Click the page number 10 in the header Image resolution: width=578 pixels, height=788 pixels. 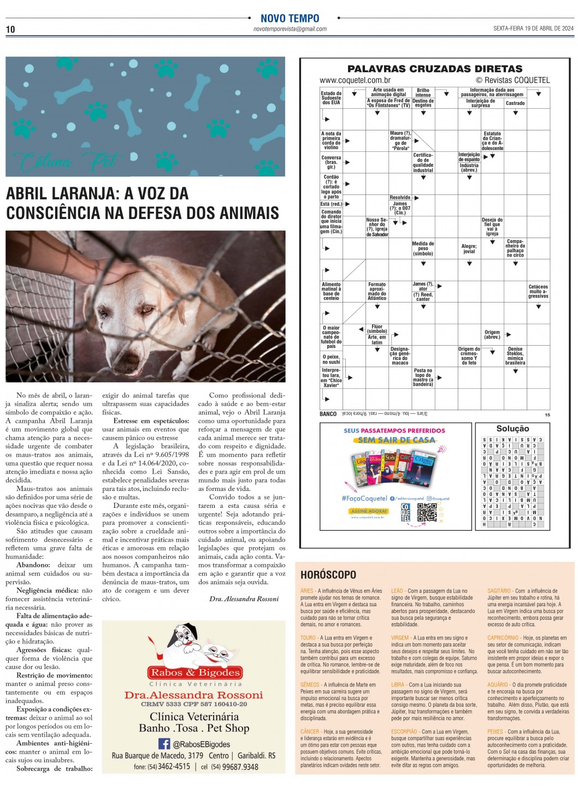[x=10, y=29]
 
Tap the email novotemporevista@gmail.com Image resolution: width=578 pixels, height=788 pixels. [x=290, y=29]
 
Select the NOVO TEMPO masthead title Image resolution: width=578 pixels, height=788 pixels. [x=290, y=18]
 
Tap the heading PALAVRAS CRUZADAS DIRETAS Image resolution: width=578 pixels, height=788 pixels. [x=435, y=69]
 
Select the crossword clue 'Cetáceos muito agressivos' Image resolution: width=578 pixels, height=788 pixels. [x=538, y=291]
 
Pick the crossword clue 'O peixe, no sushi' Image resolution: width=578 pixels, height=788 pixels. [x=331, y=359]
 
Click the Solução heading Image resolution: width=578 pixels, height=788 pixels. [x=512, y=429]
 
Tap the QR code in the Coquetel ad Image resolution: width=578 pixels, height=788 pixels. [x=427, y=512]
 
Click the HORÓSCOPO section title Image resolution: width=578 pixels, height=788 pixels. [x=328, y=574]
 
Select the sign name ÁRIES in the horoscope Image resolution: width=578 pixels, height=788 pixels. [x=307, y=591]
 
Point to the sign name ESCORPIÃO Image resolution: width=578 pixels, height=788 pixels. [x=404, y=732]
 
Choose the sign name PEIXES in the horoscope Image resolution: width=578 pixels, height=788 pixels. [x=496, y=732]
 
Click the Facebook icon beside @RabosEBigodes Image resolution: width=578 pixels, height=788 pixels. [x=164, y=744]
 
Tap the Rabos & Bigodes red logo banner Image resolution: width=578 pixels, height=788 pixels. [x=195, y=672]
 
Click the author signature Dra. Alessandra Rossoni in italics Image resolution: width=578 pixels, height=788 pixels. [x=244, y=599]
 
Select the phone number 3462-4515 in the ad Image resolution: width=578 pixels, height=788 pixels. [x=174, y=767]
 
